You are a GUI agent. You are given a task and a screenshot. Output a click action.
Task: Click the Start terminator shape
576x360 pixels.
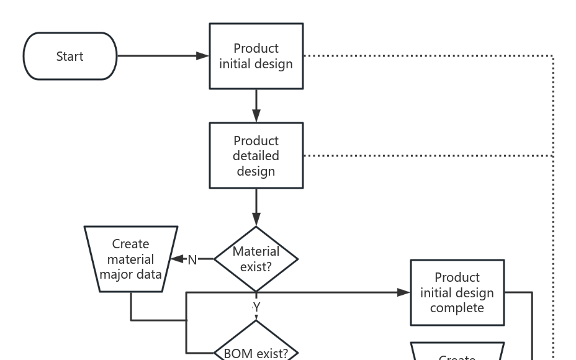tap(70, 56)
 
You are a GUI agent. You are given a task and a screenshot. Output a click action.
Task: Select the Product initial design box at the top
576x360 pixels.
tap(256, 56)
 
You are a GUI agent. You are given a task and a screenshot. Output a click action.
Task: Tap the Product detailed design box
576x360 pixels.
tap(256, 155)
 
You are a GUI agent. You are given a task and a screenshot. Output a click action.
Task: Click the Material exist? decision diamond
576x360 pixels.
tap(256, 259)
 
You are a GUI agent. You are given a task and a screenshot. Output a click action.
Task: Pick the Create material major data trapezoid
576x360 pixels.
tap(130, 259)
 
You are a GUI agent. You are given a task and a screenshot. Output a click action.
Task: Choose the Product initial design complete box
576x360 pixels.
tap(457, 292)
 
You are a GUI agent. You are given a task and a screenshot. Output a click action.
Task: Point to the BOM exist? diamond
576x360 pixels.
tap(256, 348)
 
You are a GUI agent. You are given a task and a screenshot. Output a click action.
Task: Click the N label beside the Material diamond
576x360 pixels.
tap(192, 259)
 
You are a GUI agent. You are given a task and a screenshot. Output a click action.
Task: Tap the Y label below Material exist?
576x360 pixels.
tap(256, 307)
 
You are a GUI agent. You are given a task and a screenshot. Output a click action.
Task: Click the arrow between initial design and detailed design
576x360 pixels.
tap(256, 106)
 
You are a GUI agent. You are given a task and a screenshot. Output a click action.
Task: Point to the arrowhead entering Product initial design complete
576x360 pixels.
tap(404, 292)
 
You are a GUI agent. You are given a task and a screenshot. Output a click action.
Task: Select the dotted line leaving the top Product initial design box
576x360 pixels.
tap(428, 56)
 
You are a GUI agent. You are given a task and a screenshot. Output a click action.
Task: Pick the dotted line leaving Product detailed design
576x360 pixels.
tap(428, 155)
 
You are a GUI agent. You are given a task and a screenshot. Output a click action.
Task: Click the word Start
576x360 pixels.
tap(70, 56)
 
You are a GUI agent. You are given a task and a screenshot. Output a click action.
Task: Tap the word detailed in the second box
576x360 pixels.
tap(256, 156)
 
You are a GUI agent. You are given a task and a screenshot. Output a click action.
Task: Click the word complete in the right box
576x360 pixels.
tap(457, 308)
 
